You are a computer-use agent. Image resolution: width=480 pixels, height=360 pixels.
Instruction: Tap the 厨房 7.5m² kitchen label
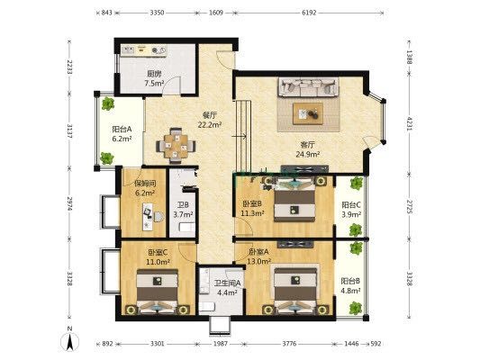154,78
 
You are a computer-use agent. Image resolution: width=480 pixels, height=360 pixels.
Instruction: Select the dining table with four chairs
176,146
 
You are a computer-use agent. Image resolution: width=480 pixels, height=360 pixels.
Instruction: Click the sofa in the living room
308,87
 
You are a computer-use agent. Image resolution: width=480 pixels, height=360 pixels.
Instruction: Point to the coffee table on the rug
308,113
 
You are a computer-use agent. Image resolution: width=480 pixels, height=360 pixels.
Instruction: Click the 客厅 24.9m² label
307,149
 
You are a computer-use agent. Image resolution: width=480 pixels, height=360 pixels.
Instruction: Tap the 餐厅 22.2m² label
210,120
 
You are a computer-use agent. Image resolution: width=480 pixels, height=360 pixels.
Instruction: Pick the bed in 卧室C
158,292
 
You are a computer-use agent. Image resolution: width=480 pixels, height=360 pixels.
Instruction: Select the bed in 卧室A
295,291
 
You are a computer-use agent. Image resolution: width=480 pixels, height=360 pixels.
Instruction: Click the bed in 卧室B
294,199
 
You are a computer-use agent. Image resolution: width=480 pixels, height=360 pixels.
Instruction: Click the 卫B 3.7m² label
183,210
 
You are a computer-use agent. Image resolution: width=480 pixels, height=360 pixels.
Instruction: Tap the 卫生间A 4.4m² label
227,288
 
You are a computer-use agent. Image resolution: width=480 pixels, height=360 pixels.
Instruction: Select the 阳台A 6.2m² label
122,134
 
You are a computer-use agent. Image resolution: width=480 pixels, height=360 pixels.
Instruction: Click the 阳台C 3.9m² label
351,210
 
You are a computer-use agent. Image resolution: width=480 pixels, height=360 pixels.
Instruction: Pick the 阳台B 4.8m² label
350,285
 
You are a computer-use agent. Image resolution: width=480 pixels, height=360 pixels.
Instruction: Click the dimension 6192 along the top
309,13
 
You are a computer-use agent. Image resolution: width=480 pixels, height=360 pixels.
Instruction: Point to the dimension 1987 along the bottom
221,344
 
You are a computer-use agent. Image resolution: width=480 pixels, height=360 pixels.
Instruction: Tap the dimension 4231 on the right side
409,123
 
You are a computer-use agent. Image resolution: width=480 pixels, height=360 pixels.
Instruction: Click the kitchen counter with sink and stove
143,50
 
